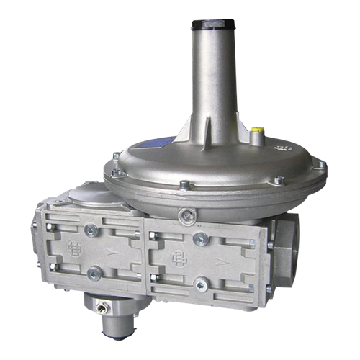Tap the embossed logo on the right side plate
click(x=176, y=256)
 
